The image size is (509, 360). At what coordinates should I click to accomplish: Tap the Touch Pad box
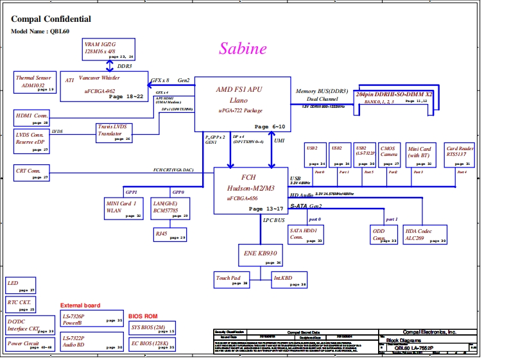231,280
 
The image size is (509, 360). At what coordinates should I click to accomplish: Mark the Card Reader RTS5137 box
460,154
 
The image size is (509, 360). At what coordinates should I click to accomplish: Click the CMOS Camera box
389,154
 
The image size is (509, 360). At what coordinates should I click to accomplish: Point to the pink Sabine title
243,49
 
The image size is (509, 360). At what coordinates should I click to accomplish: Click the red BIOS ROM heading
142,316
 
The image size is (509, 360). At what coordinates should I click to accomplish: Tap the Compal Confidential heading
51,19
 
